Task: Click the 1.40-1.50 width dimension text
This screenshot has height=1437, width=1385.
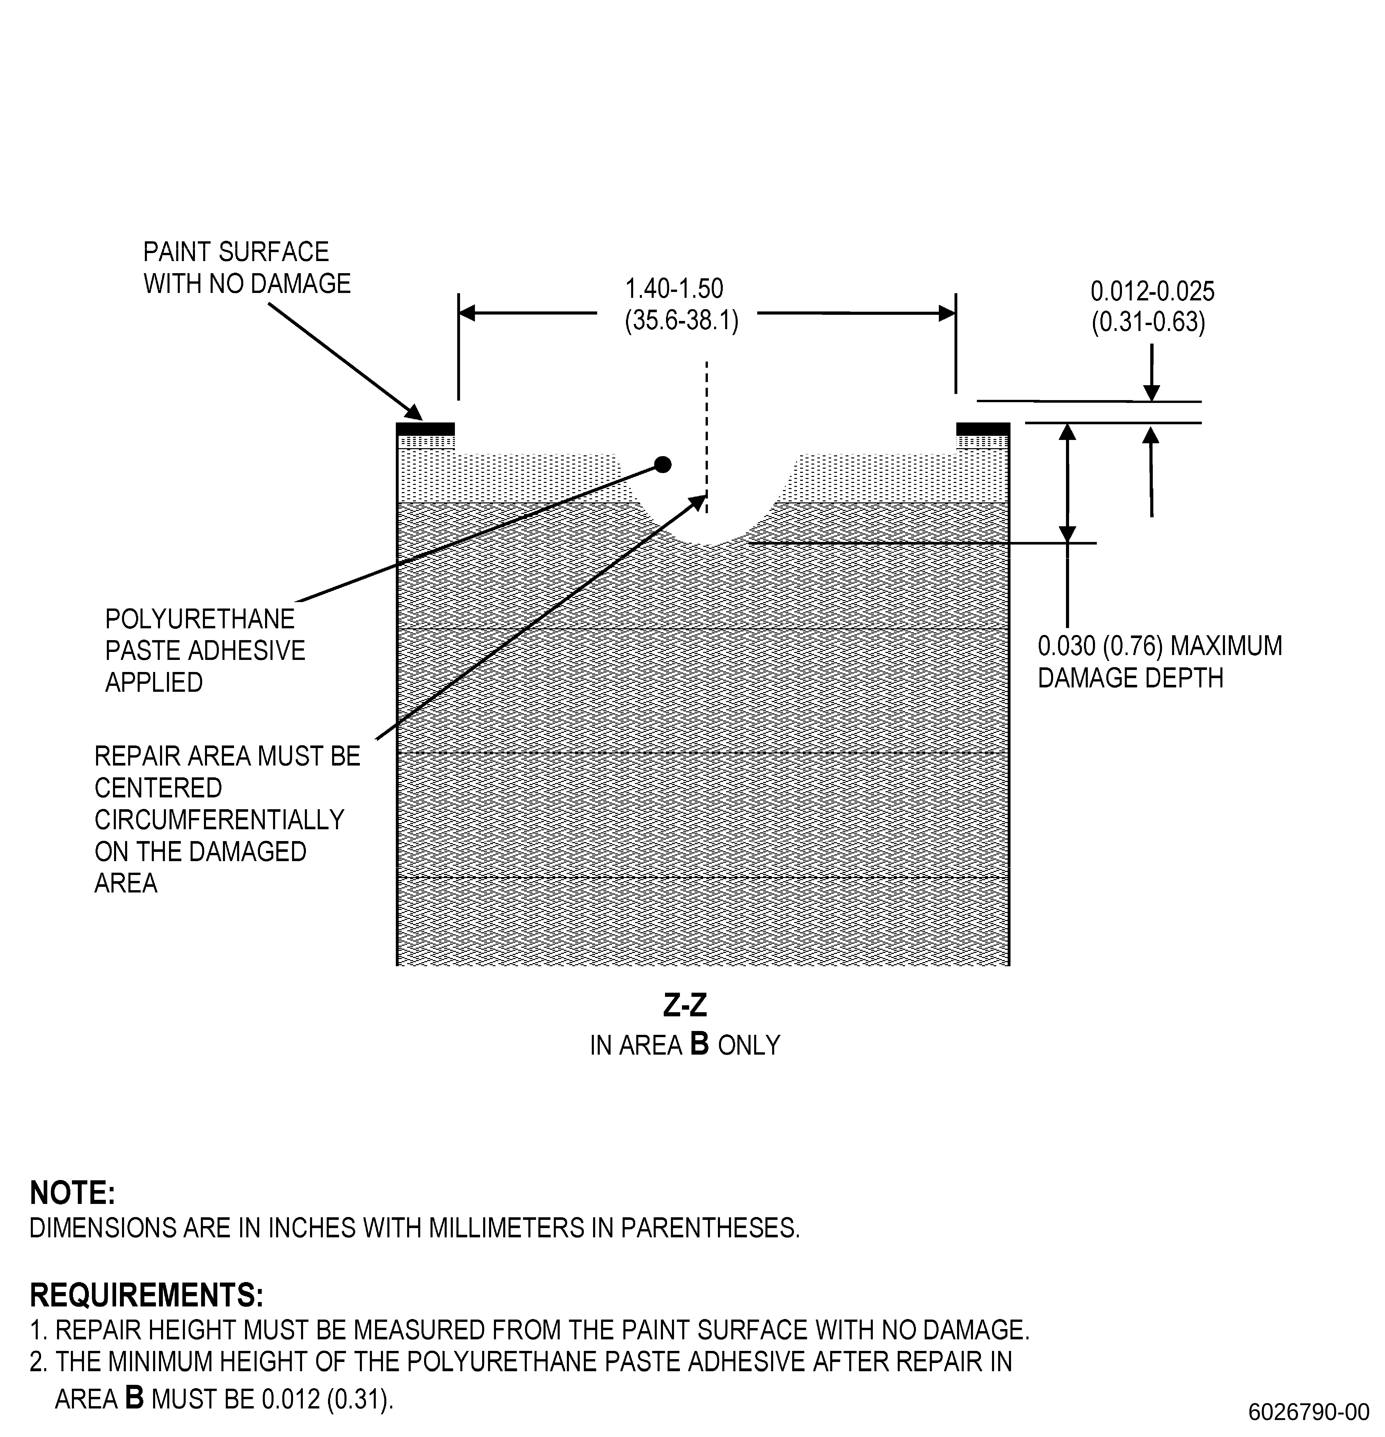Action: (x=674, y=289)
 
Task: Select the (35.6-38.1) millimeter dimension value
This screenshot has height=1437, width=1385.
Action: (x=681, y=320)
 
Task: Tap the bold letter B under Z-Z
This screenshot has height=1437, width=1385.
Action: (x=700, y=1044)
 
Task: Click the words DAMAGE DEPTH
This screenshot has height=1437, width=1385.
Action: (x=1131, y=678)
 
